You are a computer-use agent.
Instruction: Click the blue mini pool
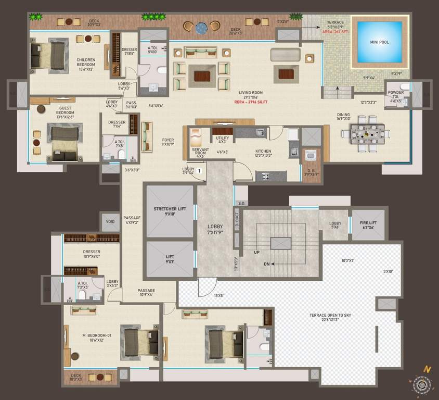click(379, 42)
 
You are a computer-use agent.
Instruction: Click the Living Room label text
click(250, 92)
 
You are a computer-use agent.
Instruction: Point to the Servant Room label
click(200, 152)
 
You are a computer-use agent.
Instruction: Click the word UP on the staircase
click(257, 252)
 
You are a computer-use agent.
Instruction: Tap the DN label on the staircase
click(266, 264)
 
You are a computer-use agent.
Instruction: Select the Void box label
click(110, 221)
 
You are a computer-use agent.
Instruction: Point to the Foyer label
click(168, 140)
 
